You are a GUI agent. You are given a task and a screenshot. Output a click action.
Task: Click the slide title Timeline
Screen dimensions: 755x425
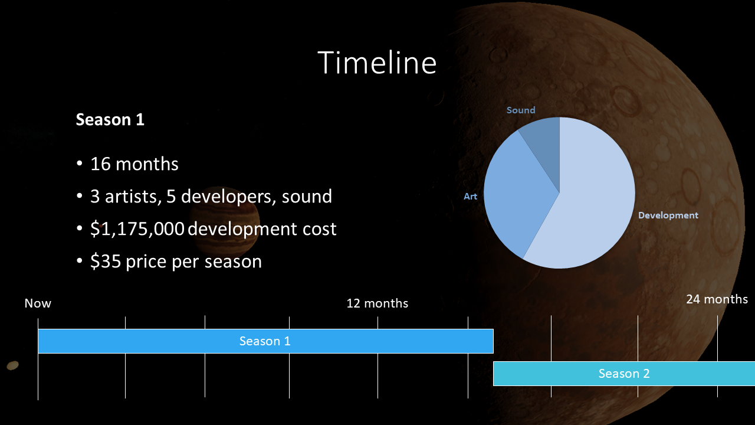pyautogui.click(x=377, y=63)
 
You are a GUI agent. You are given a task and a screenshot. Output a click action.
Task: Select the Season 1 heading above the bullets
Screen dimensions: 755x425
pyautogui.click(x=110, y=120)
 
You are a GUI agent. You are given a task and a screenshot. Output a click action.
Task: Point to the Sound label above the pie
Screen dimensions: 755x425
pyautogui.click(x=521, y=110)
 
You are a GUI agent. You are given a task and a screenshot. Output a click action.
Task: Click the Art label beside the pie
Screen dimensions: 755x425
pyautogui.click(x=470, y=197)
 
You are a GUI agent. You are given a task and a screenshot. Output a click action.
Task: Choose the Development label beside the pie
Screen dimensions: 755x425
pyautogui.click(x=668, y=215)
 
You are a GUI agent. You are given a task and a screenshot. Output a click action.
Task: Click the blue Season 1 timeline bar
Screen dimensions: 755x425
pyautogui.click(x=265, y=341)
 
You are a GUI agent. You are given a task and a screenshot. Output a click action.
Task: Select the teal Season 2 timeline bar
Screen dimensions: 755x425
pyautogui.click(x=624, y=374)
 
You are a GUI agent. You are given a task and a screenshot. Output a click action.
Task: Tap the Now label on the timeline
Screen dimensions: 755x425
pyautogui.click(x=38, y=303)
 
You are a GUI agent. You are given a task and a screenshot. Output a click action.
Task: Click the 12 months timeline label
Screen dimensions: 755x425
pyautogui.click(x=377, y=303)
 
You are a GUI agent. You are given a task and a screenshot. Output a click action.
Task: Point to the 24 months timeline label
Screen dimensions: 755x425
pyautogui.click(x=717, y=299)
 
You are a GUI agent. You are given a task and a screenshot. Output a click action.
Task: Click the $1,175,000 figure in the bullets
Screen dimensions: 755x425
pyautogui.click(x=137, y=229)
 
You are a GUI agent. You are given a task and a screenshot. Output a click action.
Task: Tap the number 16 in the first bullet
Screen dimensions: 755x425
pyautogui.click(x=100, y=164)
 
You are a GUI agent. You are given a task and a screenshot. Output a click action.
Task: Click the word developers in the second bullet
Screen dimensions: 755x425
pyautogui.click(x=226, y=197)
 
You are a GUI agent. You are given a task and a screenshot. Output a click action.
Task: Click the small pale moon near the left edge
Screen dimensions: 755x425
pyautogui.click(x=13, y=365)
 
